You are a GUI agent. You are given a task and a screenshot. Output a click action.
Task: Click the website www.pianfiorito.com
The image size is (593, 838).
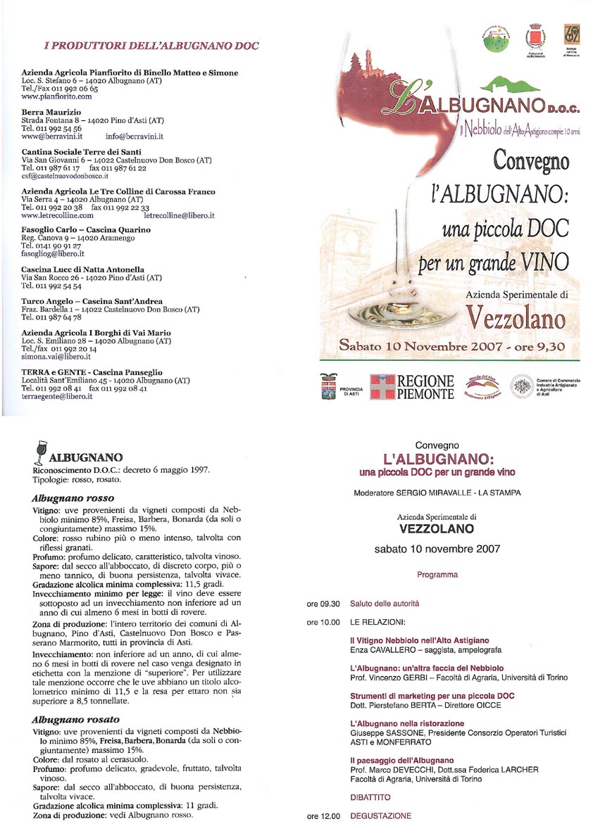tap(57, 97)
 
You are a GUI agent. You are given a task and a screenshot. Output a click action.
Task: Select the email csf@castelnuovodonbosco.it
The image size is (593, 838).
tap(65, 176)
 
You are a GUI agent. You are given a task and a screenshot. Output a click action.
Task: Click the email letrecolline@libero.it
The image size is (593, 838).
tap(179, 215)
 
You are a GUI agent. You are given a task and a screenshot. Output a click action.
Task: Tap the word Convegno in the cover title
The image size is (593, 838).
tap(531, 161)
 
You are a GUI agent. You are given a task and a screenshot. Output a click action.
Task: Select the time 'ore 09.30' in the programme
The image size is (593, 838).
tap(323, 603)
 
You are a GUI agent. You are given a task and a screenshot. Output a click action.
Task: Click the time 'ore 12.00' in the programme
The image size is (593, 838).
tap(323, 816)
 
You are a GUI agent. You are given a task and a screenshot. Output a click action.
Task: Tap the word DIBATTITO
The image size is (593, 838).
tap(370, 797)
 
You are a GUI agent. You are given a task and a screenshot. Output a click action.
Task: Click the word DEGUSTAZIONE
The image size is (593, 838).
tap(380, 816)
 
